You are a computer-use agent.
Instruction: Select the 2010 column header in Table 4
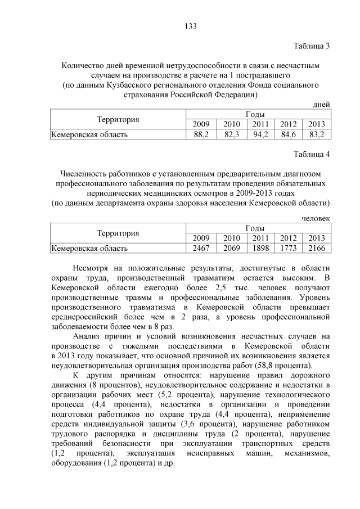(x=231, y=238)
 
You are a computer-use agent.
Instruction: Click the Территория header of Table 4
(x=118, y=233)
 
